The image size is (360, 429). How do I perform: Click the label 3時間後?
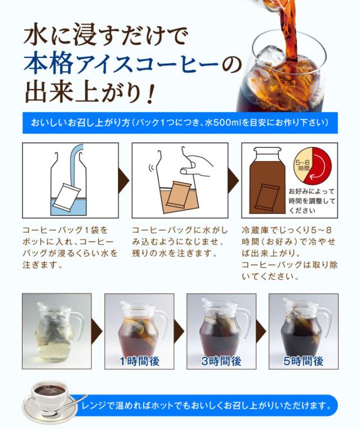[x=221, y=361]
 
